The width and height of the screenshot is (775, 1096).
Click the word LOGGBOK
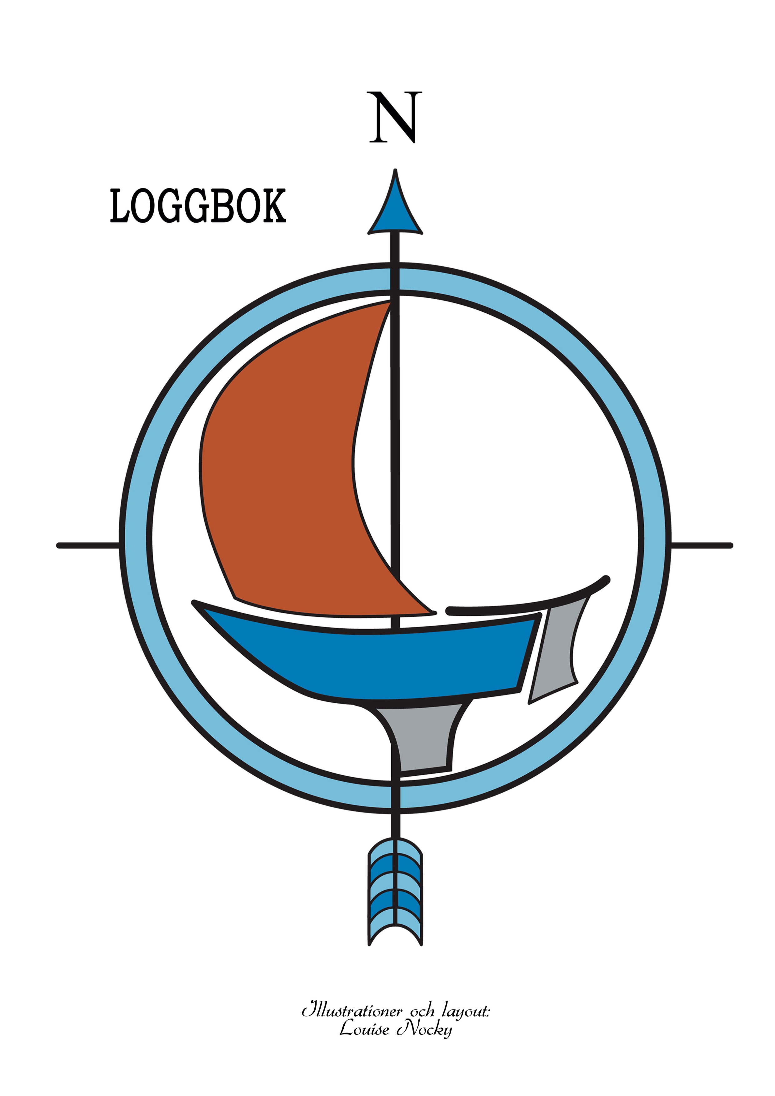(x=198, y=206)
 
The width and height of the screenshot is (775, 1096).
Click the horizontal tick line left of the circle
(x=88, y=545)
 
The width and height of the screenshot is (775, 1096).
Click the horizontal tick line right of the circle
(x=702, y=545)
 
